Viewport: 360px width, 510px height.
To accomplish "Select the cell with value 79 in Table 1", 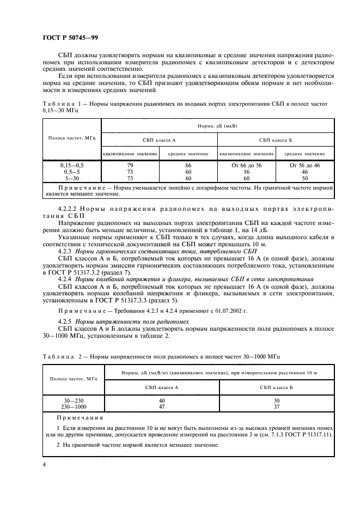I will [130, 165].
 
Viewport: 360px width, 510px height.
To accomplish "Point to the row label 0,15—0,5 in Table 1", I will [72, 165].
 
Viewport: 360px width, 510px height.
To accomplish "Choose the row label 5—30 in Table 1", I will [72, 178].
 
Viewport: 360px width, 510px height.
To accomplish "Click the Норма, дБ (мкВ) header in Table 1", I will [217, 125].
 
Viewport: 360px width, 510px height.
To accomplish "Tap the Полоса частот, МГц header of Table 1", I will [72, 140].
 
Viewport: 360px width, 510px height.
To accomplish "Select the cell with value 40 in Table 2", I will [162, 401].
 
